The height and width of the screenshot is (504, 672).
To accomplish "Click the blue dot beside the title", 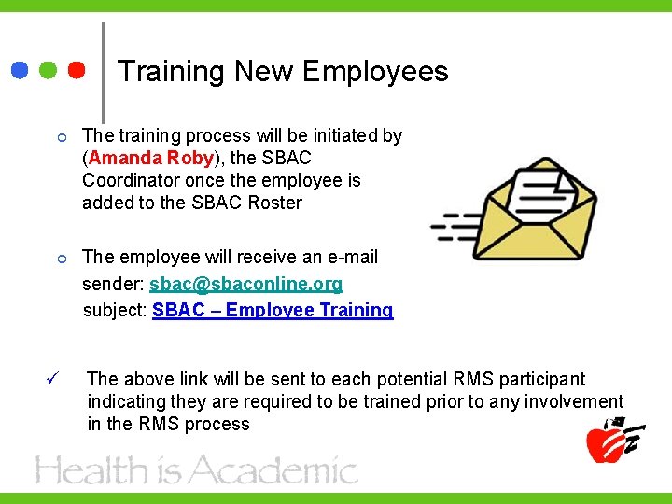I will [x=20, y=70].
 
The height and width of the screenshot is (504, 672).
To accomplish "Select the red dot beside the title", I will [x=77, y=70].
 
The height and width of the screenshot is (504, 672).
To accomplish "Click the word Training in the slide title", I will [x=171, y=72].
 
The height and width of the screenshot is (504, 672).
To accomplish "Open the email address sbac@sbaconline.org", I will [x=245, y=283].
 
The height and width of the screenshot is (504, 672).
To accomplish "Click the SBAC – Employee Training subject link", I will [x=273, y=310].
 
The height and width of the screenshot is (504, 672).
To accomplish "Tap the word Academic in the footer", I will [x=279, y=469].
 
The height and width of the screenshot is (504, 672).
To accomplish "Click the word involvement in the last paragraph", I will [x=570, y=401].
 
